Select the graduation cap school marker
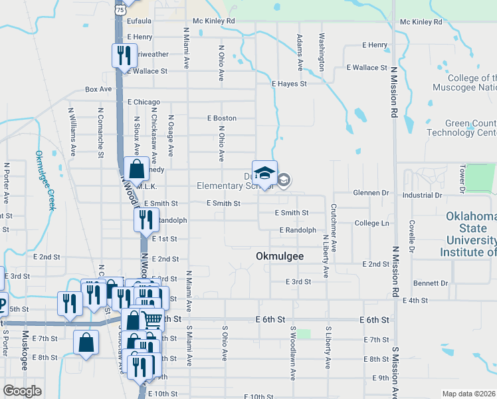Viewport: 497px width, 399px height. [264, 173]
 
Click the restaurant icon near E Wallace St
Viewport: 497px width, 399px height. [124, 56]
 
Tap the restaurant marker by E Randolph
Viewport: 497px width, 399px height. [146, 220]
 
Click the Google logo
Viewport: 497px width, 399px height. [23, 390]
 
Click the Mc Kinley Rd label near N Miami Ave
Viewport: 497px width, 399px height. [214, 21]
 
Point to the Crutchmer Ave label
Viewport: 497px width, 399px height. [334, 227]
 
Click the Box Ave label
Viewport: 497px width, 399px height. [98, 89]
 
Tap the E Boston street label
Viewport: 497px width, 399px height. [221, 118]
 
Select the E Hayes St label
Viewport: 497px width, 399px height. [289, 84]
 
